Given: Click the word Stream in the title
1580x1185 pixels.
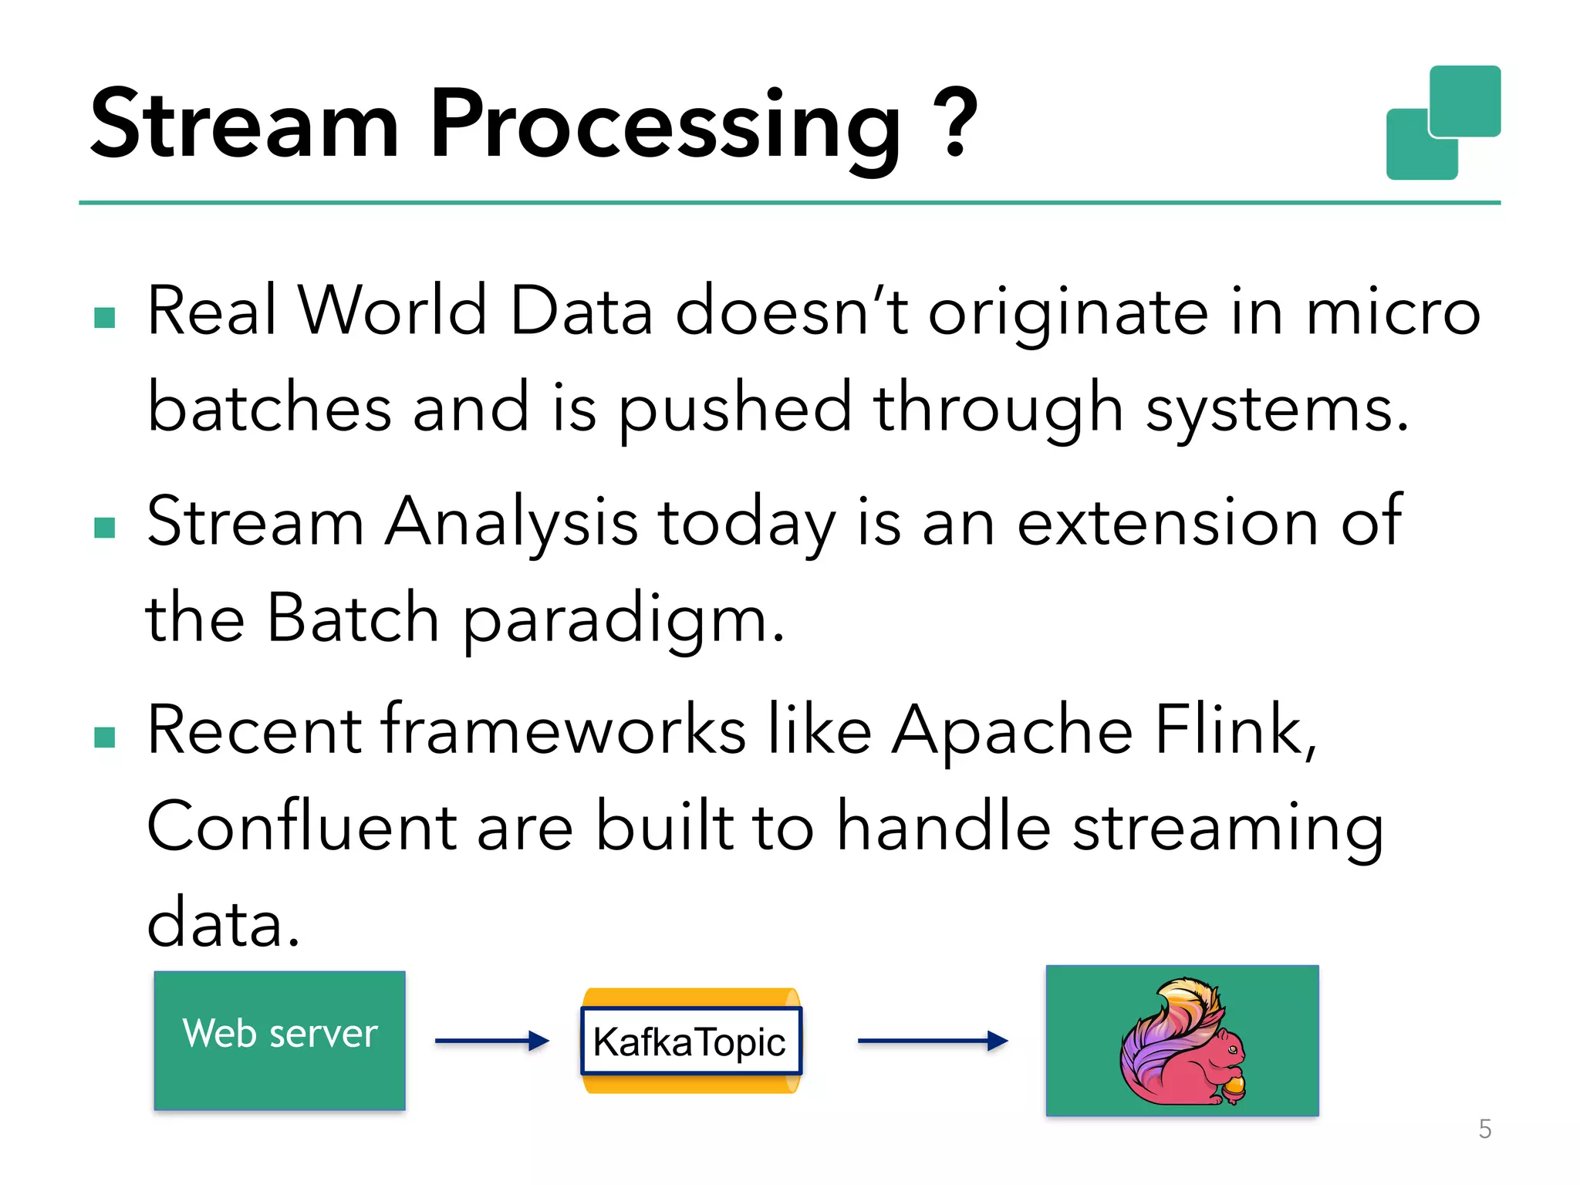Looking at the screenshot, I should click(x=245, y=123).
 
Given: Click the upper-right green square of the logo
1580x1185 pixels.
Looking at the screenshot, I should click(x=1464, y=100).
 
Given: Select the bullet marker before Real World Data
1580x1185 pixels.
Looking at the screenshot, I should click(x=104, y=317).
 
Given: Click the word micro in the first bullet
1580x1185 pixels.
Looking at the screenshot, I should click(x=1393, y=311).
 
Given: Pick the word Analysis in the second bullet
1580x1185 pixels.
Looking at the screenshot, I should click(x=511, y=522).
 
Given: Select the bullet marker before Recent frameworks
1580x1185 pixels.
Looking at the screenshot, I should click(x=104, y=738).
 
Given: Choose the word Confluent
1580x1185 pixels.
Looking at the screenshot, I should click(x=302, y=826).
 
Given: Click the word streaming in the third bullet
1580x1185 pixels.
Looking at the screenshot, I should click(x=1227, y=828).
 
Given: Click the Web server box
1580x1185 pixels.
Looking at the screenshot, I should click(x=279, y=1040).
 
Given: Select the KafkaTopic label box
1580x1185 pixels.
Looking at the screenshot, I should click(x=690, y=1042).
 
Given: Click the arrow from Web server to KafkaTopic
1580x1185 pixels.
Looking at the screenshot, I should click(x=491, y=1041).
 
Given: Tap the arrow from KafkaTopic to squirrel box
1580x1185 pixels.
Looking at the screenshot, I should click(x=932, y=1041).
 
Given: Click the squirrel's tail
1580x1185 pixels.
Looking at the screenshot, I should click(x=1157, y=1034).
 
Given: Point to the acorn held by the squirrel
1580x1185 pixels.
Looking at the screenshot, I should click(x=1233, y=1087).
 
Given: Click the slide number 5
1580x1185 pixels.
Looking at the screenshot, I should click(x=1484, y=1129).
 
